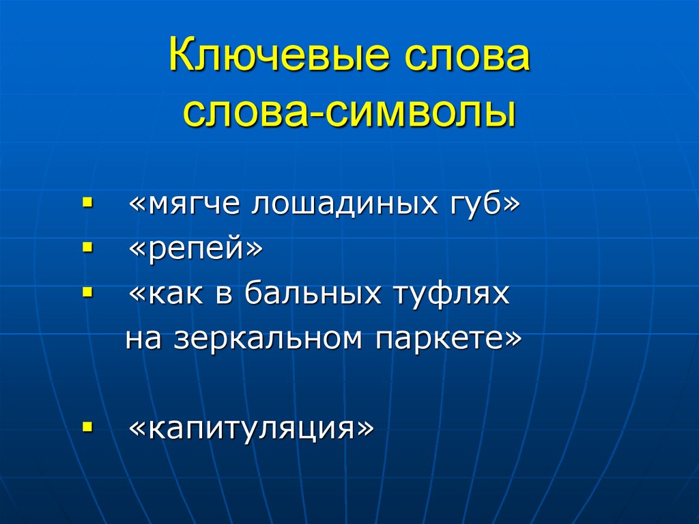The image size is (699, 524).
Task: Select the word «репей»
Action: [195, 250]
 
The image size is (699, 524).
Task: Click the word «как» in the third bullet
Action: [172, 295]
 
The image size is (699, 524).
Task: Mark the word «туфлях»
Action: [449, 295]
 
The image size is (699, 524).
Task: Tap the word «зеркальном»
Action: [266, 340]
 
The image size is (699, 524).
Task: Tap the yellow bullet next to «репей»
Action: [87, 249]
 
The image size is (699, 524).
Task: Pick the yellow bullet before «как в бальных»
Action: [87, 294]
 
